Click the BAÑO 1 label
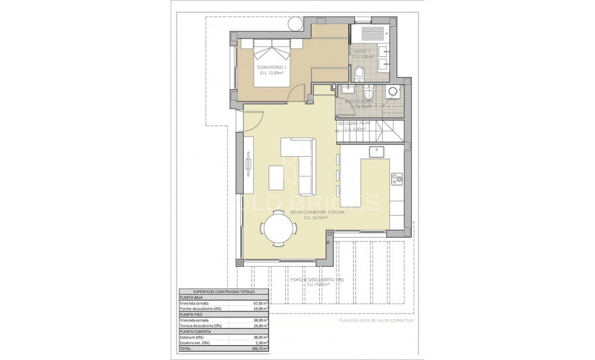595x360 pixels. click(362, 52)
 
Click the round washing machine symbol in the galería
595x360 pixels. click(392, 91)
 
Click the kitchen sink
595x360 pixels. click(376, 152)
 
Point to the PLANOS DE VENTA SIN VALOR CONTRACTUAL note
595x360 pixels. click(376, 320)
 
